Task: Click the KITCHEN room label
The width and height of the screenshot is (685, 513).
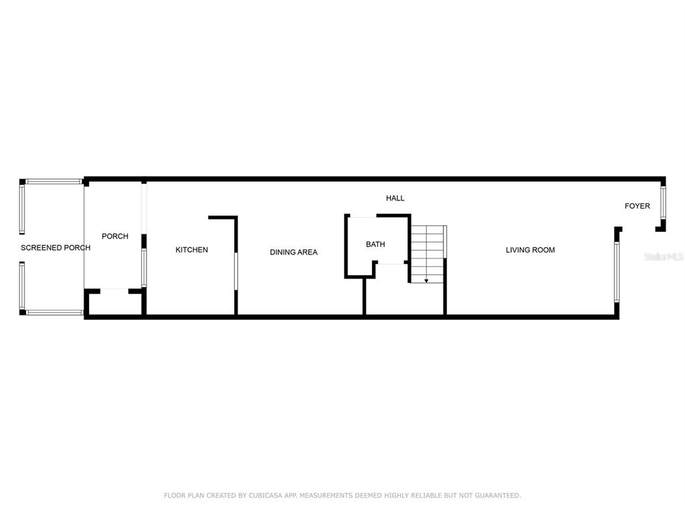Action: coord(191,250)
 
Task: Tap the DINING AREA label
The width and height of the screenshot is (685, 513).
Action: coord(294,252)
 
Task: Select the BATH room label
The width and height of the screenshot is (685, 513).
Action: coord(375,244)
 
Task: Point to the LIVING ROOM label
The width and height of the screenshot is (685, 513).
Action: coord(530,250)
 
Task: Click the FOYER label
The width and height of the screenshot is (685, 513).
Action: coord(637,206)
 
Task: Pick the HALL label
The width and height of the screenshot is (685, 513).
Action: coord(395,198)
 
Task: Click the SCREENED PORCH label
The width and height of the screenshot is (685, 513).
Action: coord(56,248)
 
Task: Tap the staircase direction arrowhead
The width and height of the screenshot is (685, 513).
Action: coord(426,281)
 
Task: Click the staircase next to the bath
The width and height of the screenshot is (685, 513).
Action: coord(428,254)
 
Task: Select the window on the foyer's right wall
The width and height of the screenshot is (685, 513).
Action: coord(663,203)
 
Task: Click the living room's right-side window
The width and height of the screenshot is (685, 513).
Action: coord(616,272)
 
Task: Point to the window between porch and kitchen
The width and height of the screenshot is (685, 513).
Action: coord(144,268)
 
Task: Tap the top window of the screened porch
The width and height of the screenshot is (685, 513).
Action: coord(54,182)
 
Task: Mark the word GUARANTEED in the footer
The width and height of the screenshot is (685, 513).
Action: coord(498,495)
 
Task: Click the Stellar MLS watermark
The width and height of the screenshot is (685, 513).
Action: coord(664,256)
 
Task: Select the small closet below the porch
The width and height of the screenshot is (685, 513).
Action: coord(115,303)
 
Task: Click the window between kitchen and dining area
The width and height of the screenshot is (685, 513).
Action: coord(236,271)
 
